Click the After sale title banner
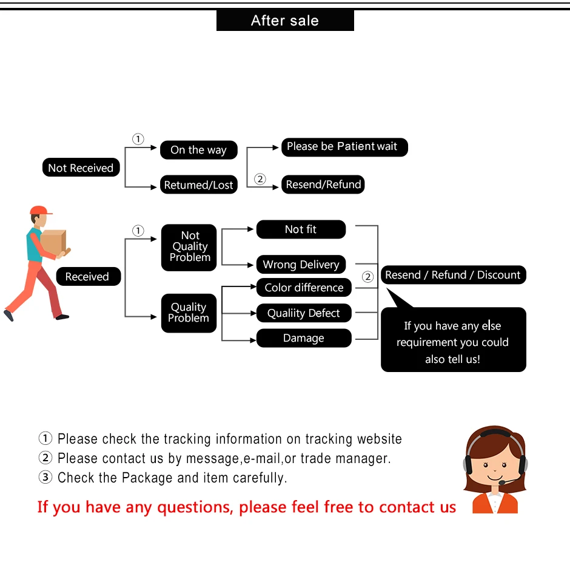(284, 21)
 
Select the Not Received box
(81, 168)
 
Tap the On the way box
(198, 150)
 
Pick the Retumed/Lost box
(198, 185)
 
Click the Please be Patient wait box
(344, 147)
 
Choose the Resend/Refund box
(323, 185)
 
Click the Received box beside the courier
(87, 277)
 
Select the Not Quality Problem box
(189, 247)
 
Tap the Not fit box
(301, 229)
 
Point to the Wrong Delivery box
(301, 265)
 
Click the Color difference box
(304, 288)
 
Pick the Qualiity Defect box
(304, 313)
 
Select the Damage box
(304, 338)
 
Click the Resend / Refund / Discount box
(452, 275)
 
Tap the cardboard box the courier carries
(53, 242)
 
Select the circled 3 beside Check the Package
(45, 478)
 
